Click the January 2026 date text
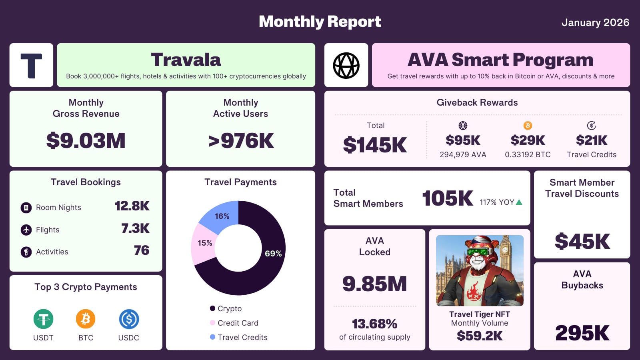[x=595, y=23]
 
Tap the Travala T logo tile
[x=31, y=65]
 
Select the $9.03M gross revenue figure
[x=86, y=141]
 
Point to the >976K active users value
[x=241, y=141]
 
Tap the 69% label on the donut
[x=273, y=254]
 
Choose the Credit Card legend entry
[x=238, y=323]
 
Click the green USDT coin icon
[x=43, y=319]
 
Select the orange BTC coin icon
[x=86, y=319]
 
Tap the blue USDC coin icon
[x=129, y=319]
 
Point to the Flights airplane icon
[x=26, y=230]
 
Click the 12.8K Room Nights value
[x=132, y=206]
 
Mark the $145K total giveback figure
[x=375, y=145]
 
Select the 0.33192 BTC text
[x=528, y=155]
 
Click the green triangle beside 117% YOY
[x=519, y=202]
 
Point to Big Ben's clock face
[x=504, y=250]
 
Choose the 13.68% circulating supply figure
[x=374, y=324]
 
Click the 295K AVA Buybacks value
[x=582, y=333]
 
